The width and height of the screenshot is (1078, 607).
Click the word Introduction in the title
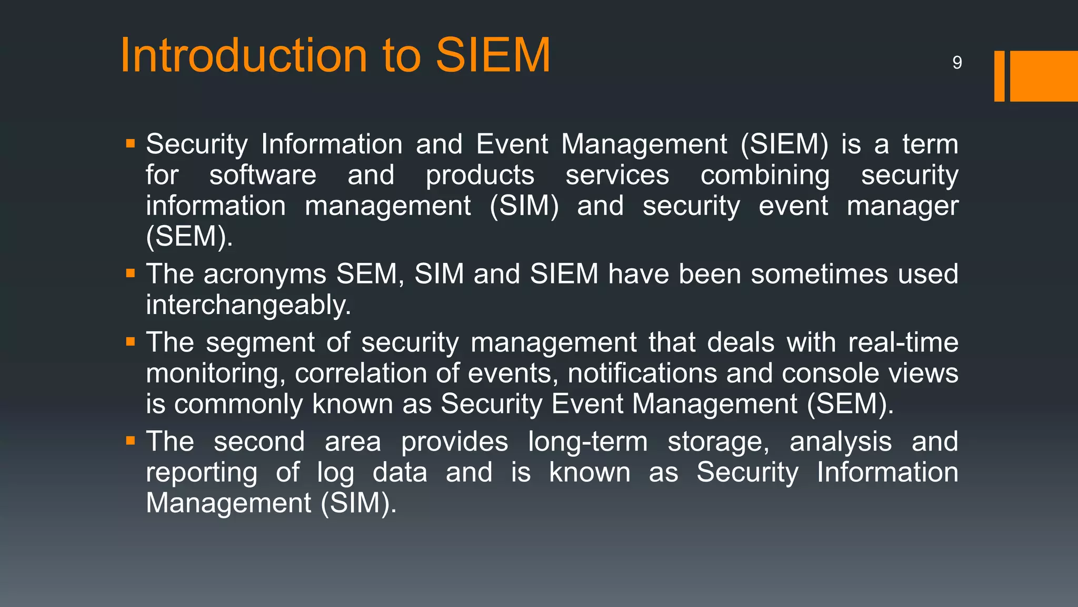tap(244, 55)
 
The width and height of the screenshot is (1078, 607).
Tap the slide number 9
tap(957, 63)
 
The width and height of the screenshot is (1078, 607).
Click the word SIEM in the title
tap(493, 55)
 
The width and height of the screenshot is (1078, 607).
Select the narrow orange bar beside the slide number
tap(999, 76)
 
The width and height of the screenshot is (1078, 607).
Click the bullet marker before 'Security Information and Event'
tap(131, 143)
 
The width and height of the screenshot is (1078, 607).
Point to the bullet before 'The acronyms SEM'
tap(131, 273)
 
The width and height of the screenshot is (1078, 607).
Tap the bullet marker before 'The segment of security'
tap(131, 341)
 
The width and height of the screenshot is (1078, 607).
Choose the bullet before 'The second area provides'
tap(131, 440)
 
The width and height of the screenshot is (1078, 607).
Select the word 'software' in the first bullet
tap(263, 175)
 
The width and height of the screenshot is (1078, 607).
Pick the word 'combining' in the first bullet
tap(765, 176)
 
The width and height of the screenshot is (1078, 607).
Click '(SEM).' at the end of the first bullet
tap(189, 237)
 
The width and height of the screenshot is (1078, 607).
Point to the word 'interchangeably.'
tap(248, 306)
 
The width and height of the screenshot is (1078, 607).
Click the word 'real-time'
tap(903, 342)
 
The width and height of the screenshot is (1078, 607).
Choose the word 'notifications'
tap(642, 373)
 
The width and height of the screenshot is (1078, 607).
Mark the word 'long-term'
tap(587, 442)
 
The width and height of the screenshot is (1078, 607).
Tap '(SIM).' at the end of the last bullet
tap(358, 503)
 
